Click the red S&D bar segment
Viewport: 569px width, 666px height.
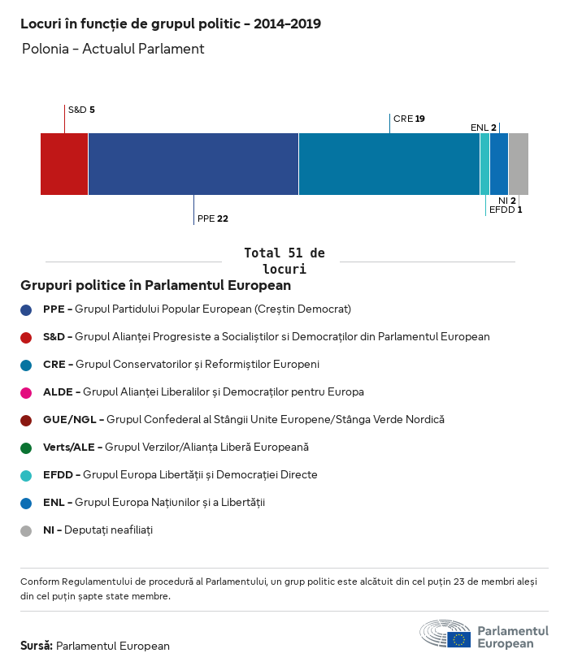click(64, 164)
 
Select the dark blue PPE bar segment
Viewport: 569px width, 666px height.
click(193, 164)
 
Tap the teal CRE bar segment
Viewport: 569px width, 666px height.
click(389, 164)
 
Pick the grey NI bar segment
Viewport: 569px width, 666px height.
click(518, 164)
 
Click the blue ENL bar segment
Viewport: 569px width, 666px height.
click(499, 164)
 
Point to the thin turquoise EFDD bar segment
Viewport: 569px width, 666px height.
click(484, 164)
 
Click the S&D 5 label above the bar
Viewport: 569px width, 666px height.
click(81, 110)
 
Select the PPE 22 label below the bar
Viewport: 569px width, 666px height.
click(212, 218)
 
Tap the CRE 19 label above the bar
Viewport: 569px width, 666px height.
click(409, 119)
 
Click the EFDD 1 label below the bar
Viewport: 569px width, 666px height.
click(505, 210)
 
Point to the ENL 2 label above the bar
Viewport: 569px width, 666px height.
click(483, 128)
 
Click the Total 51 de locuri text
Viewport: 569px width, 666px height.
click(284, 261)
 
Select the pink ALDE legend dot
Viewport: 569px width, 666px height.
click(26, 392)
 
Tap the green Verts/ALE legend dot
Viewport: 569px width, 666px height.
click(26, 448)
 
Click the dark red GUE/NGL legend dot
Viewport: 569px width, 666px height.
click(26, 420)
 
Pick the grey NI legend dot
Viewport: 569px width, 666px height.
click(26, 530)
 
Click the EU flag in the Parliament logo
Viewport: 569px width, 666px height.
click(458, 638)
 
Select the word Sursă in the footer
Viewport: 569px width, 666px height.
click(37, 646)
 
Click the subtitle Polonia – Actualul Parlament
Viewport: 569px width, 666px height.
click(113, 49)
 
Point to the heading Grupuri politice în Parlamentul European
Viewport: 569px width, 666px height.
click(155, 286)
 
